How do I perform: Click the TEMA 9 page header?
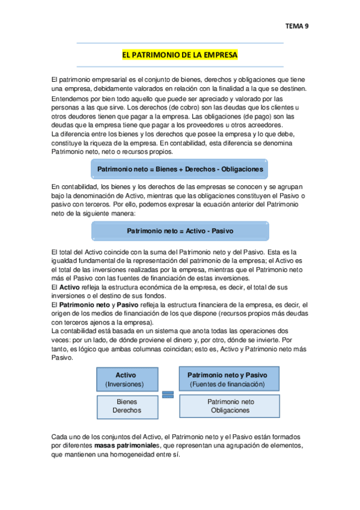296,26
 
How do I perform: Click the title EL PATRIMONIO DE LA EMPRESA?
180,55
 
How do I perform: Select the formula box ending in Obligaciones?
180,170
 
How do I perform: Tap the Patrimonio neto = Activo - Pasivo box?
180,231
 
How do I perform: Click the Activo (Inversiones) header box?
126,379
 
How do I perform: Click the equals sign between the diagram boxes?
168,394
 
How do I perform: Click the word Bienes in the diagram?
126,402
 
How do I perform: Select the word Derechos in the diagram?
126,410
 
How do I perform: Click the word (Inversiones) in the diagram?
126,384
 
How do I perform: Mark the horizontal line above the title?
180,43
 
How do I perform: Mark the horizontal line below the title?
180,66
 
